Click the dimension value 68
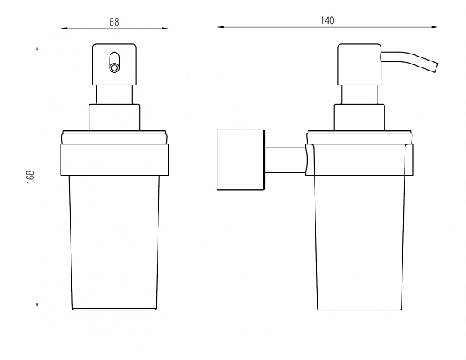[x=114, y=22]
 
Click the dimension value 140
[x=327, y=20]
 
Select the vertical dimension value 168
[x=31, y=177]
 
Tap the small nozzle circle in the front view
[x=114, y=67]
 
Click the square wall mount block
[x=241, y=160]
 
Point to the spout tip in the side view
[x=436, y=67]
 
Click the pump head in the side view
[x=360, y=64]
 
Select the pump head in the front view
[x=114, y=64]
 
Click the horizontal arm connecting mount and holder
[x=285, y=160]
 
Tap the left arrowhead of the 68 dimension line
[x=64, y=29]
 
